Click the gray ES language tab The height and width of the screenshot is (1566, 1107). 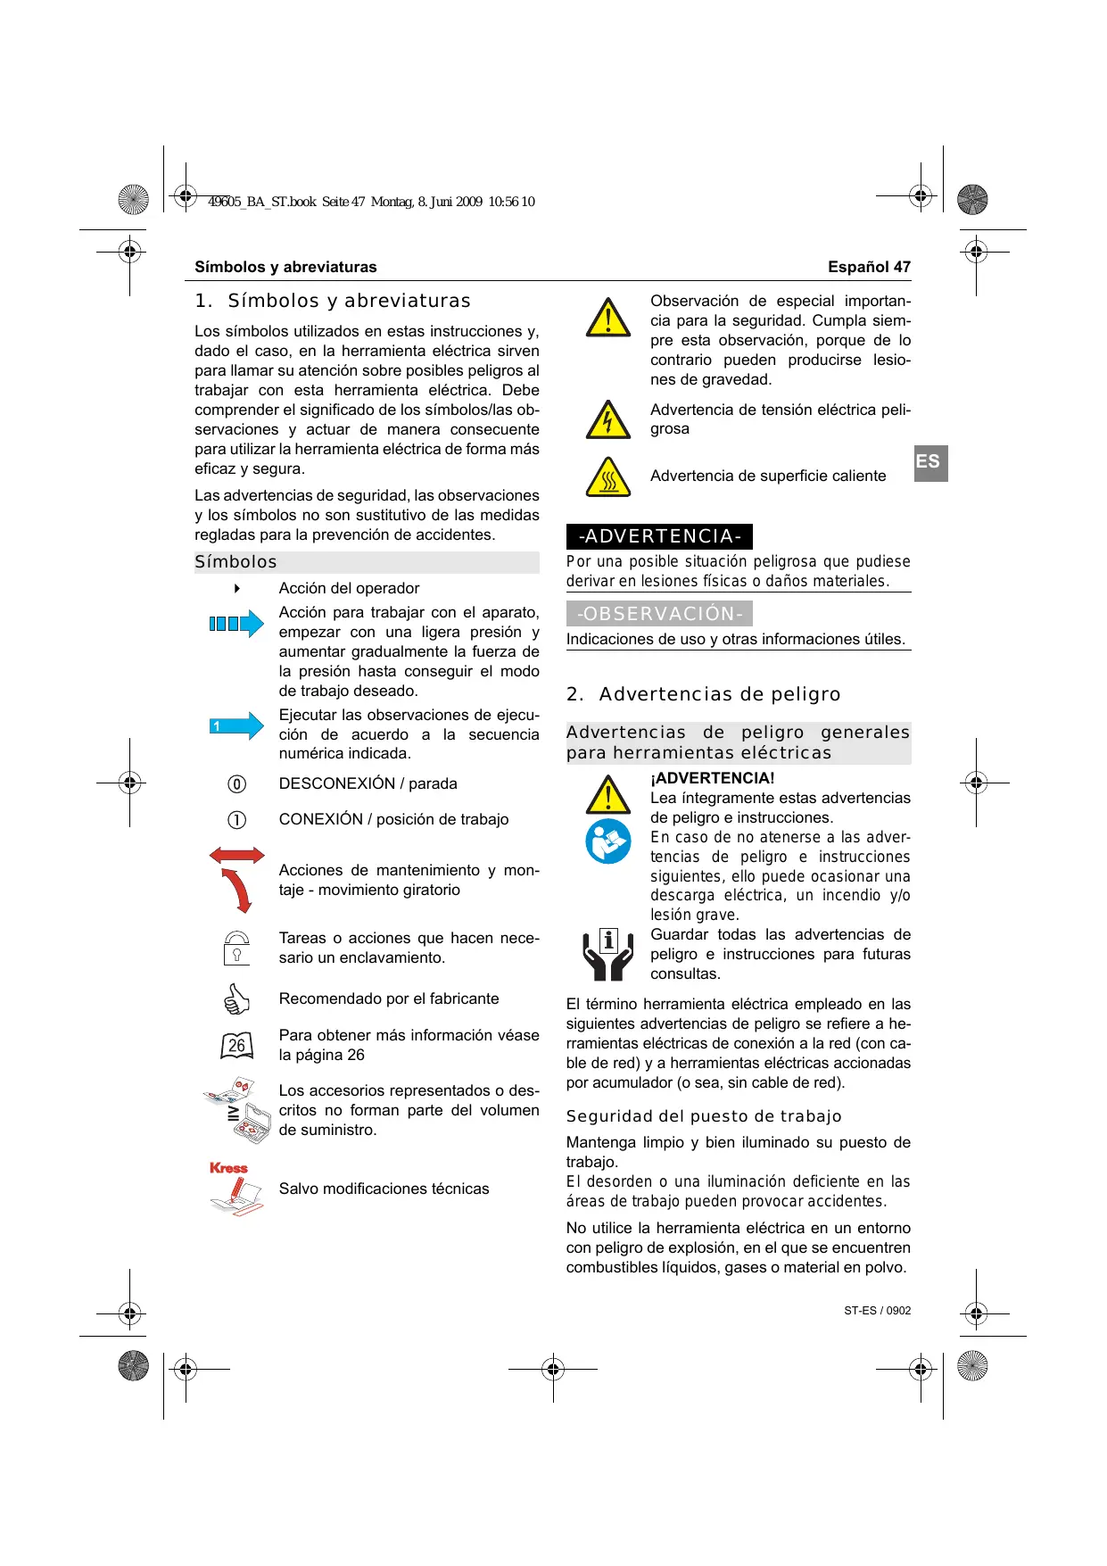point(930,463)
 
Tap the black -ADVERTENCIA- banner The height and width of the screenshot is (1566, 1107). point(659,536)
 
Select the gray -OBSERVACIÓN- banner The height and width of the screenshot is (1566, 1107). point(659,614)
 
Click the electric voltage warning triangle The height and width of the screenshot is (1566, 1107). point(608,420)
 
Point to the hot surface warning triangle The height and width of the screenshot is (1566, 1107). point(608,477)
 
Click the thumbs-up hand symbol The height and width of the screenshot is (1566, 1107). point(236,999)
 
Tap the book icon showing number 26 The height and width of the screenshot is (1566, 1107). point(236,1045)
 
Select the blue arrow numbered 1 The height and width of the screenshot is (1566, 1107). point(236,726)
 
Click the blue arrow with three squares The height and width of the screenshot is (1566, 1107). point(236,624)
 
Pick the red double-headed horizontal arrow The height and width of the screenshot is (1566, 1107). point(236,855)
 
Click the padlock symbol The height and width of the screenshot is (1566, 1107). point(236,948)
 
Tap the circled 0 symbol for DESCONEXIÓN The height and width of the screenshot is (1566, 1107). point(236,784)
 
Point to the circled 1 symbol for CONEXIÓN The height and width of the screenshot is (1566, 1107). point(236,820)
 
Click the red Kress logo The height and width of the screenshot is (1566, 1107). point(228,1168)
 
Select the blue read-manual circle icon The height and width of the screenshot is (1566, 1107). point(608,841)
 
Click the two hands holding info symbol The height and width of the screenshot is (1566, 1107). point(608,954)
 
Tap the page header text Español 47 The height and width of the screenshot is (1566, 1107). point(869,267)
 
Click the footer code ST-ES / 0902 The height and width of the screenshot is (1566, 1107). point(877,1311)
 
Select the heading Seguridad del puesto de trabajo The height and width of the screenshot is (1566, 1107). point(704,1116)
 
